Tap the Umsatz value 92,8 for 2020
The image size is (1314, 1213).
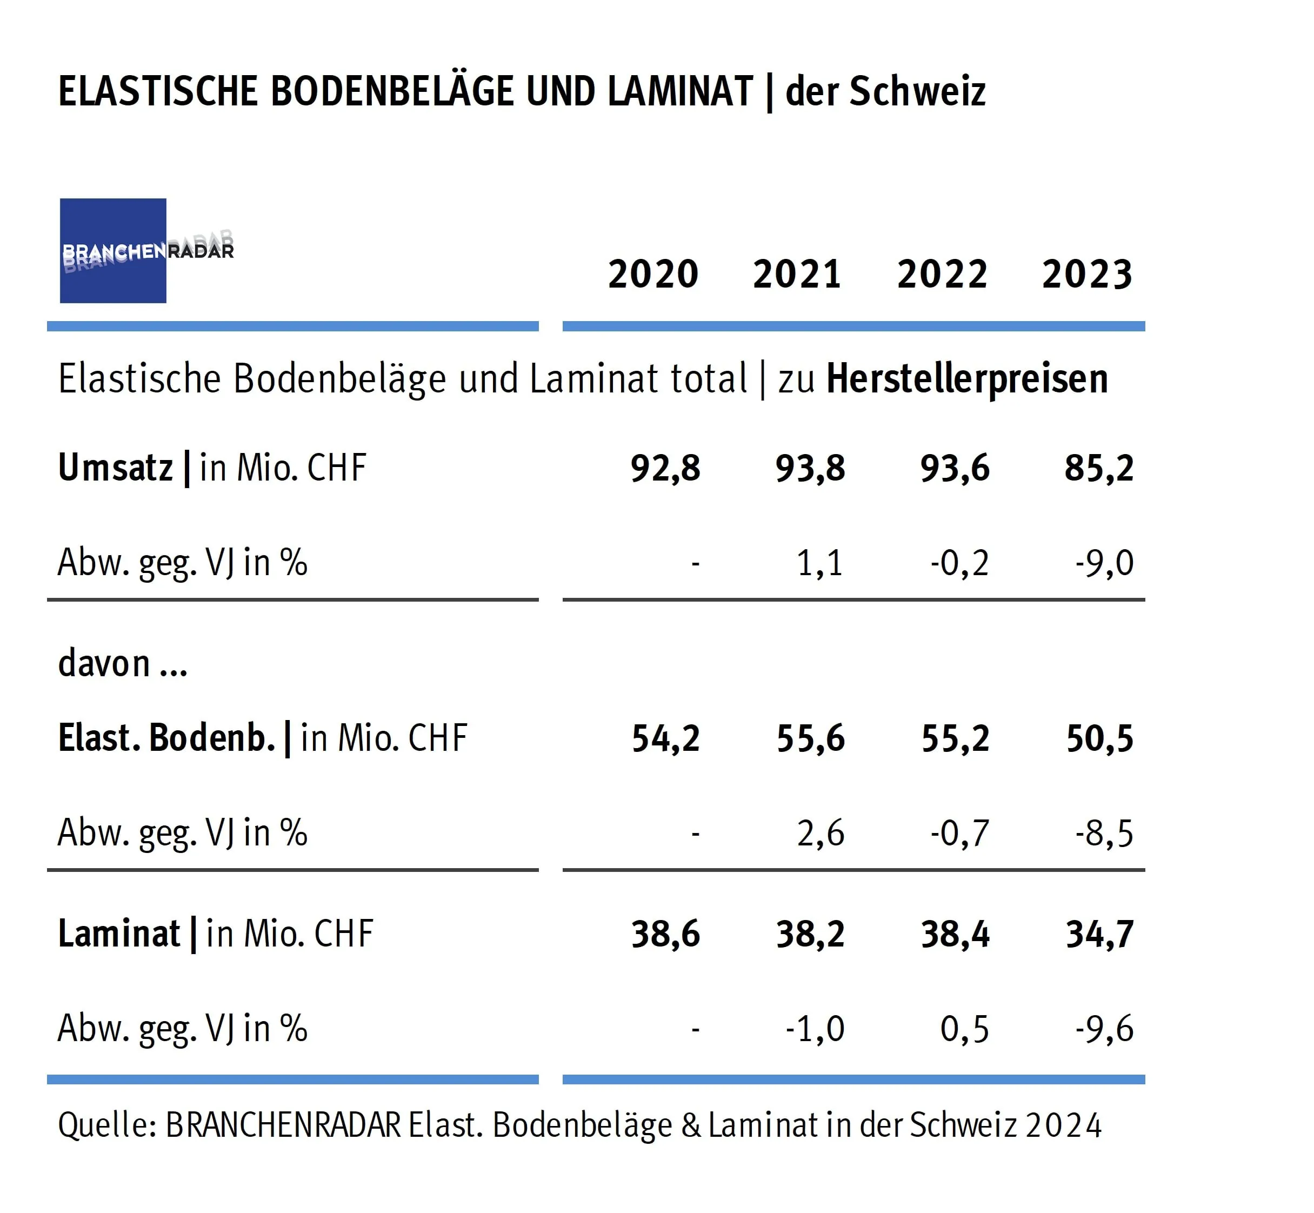[x=665, y=469]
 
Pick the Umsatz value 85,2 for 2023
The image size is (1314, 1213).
[x=1099, y=469]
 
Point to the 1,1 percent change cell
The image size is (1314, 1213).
[x=820, y=563]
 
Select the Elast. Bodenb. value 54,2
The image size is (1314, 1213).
[x=666, y=738]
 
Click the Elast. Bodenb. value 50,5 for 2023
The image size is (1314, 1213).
[x=1100, y=738]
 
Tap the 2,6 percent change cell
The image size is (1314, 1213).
[x=821, y=834]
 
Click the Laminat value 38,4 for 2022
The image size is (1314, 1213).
[x=955, y=934]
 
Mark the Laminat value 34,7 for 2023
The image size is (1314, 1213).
[x=1100, y=934]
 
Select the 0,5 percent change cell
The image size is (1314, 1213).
[x=964, y=1029]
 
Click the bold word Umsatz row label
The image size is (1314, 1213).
[x=116, y=468]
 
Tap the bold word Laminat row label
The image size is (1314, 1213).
[x=119, y=934]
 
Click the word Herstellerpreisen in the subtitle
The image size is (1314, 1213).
[x=967, y=379]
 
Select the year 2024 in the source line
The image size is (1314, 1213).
[x=1063, y=1125]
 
